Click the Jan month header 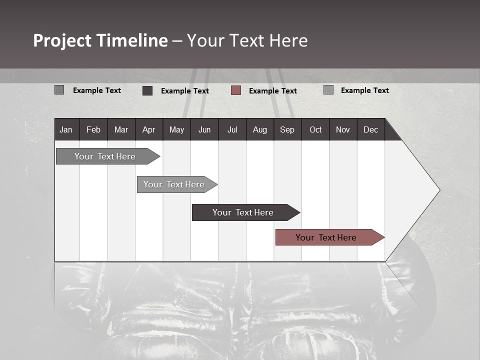pos(66,129)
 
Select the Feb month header pos(93,129)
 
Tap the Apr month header pos(148,129)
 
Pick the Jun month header pos(204,129)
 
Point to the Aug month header pos(260,129)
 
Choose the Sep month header pos(287,129)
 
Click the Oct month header pos(315,129)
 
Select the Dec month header pos(371,129)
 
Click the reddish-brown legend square pos(236,90)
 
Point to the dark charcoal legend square pos(147,90)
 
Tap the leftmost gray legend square pos(59,90)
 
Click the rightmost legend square pos(328,90)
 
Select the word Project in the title pos(62,40)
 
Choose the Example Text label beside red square pos(272,91)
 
